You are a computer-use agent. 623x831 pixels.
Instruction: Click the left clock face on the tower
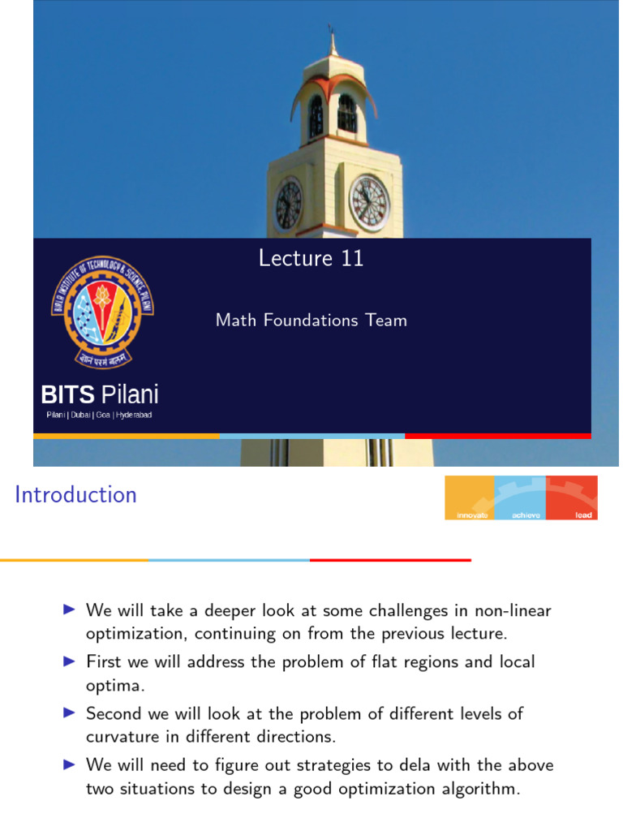tap(289, 204)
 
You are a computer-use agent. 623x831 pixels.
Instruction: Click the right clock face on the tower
tap(369, 203)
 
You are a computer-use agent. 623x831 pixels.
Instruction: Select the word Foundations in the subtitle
tap(312, 321)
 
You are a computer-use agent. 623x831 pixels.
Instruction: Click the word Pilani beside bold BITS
tap(130, 396)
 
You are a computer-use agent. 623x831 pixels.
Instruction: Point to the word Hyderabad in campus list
tap(134, 415)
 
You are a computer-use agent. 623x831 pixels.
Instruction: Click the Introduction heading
tap(76, 494)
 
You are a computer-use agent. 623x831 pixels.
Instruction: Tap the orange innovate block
tap(470, 497)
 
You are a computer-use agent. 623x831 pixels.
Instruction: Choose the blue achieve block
tap(520, 497)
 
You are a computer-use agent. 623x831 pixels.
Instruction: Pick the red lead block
tap(573, 497)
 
